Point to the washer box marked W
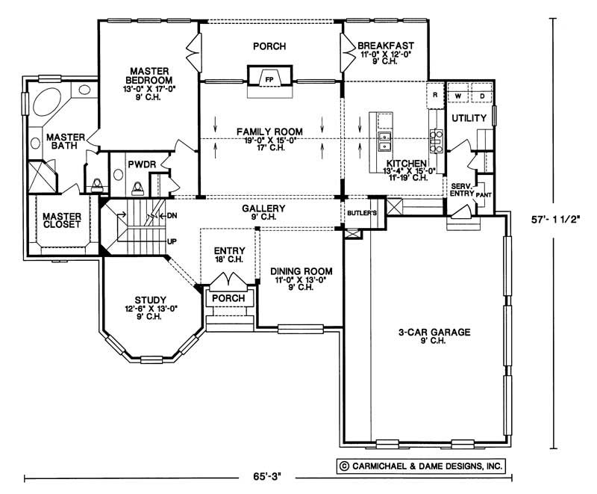click(457, 96)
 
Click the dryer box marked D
click(482, 96)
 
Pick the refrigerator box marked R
click(434, 95)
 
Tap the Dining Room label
click(301, 271)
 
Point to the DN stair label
click(172, 215)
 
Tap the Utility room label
click(469, 118)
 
